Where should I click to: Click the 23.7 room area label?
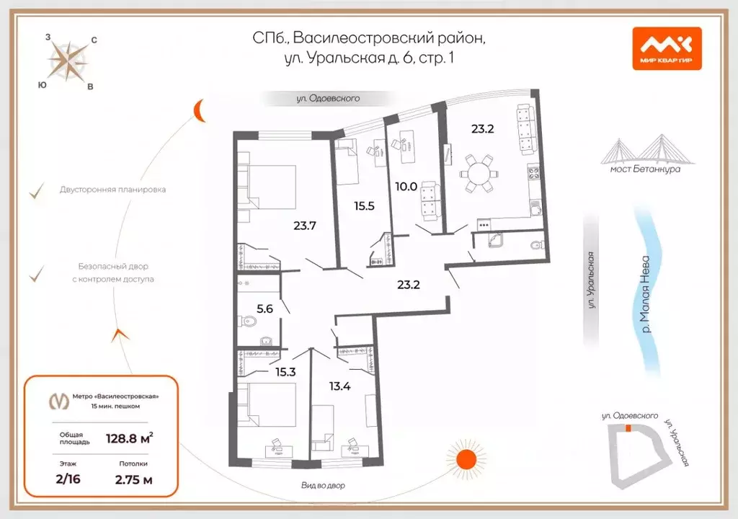tap(306, 225)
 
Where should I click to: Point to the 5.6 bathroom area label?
tap(265, 309)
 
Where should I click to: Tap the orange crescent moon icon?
tap(200, 110)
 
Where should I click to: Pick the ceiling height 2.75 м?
tap(133, 479)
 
